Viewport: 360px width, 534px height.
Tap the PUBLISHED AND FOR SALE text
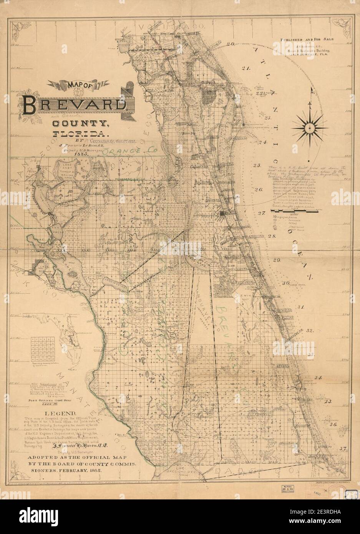click(x=311, y=39)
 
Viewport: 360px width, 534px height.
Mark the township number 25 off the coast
click(x=257, y=166)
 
